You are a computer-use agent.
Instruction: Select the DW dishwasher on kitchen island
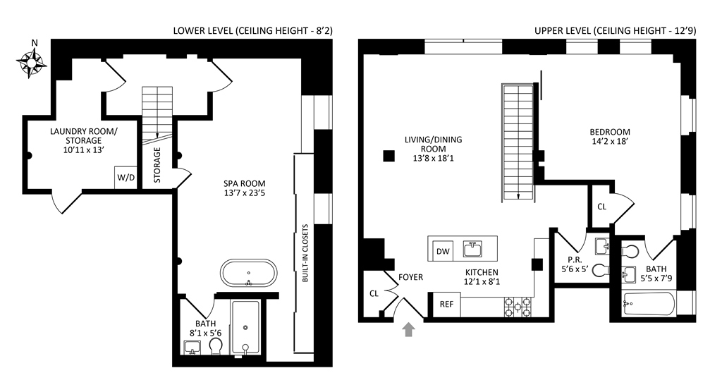443,250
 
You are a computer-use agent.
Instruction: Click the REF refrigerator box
446,304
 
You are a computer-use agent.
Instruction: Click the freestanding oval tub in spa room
248,274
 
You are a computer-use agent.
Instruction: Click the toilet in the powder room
600,269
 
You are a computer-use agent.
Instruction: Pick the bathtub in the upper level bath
649,304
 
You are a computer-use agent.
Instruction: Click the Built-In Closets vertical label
305,253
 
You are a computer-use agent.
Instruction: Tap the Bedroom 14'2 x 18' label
610,137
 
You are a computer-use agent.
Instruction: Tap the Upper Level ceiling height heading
614,31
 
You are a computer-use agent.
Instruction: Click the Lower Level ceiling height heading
252,31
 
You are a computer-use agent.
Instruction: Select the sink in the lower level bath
192,347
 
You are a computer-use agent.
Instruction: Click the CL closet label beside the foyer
373,293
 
